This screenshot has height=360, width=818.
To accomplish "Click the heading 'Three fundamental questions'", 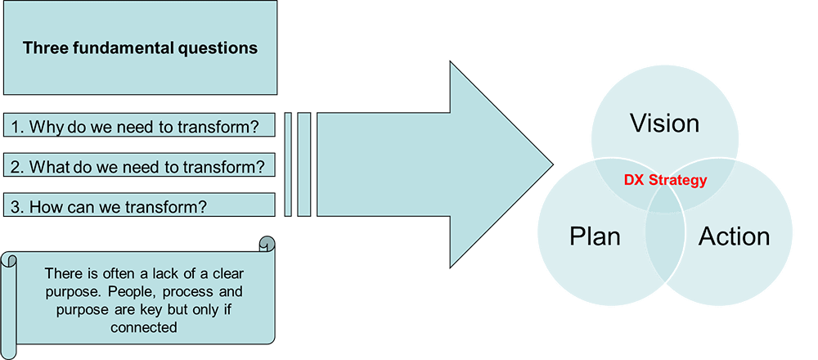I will [140, 47].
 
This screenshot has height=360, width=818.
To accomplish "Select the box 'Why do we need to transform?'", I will [139, 126].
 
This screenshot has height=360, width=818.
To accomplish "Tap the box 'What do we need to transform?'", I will [139, 167].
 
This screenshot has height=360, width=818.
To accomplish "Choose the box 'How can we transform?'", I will [139, 206].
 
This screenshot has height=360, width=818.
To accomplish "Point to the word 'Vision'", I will [664, 124].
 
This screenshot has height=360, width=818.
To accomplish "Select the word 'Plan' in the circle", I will [595, 236].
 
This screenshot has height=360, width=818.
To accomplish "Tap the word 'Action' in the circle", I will [734, 236].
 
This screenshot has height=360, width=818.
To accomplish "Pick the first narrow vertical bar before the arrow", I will [288, 164].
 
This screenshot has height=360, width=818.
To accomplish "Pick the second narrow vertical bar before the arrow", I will [304, 164].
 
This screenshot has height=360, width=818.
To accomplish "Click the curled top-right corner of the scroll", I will [267, 244].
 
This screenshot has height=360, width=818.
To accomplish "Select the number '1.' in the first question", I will [16, 127].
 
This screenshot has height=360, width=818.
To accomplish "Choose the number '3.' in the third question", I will [16, 207].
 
